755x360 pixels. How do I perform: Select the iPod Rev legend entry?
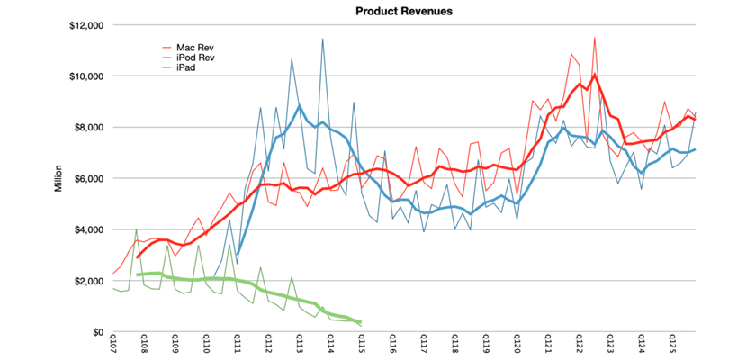[x=196, y=57]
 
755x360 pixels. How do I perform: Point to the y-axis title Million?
[x=58, y=179]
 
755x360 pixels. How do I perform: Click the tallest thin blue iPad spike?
[x=322, y=40]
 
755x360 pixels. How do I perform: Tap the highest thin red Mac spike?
[x=595, y=38]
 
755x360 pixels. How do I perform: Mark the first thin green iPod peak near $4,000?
[x=136, y=230]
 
